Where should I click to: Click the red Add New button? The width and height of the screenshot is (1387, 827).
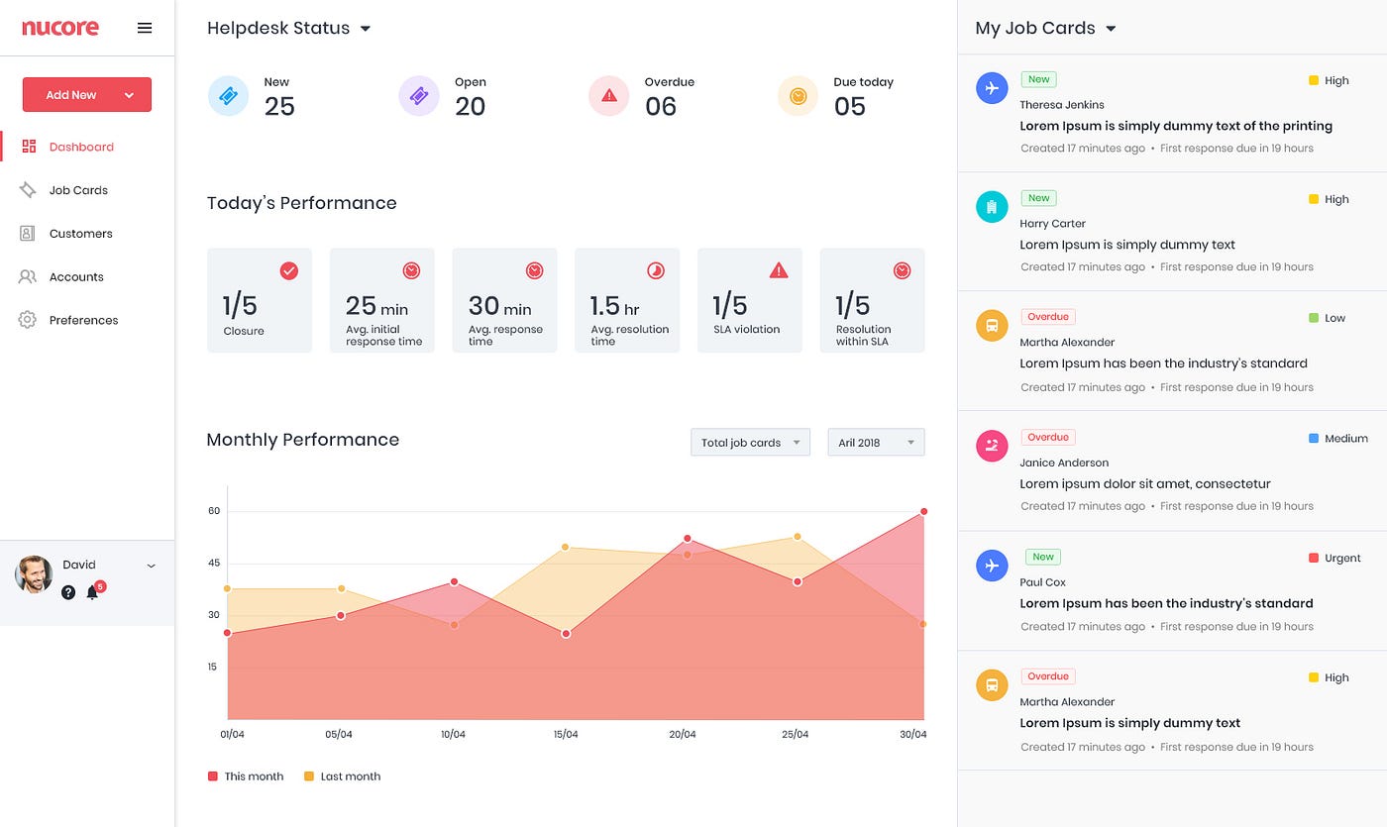[x=86, y=95]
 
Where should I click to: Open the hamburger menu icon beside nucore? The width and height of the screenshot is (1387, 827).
[x=145, y=28]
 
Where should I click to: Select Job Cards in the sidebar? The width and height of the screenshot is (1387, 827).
[x=78, y=190]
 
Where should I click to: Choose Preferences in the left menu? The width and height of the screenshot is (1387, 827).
[x=83, y=320]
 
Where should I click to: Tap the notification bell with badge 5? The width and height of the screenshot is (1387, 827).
[x=92, y=592]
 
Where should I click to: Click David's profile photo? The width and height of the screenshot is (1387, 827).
[x=34, y=574]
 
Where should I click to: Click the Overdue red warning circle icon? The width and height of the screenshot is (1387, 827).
[x=608, y=96]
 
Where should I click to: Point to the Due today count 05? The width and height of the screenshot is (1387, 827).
[x=849, y=107]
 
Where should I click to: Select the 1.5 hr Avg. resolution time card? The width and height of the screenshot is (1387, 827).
[x=627, y=300]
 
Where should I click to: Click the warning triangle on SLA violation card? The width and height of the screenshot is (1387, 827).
[x=779, y=270]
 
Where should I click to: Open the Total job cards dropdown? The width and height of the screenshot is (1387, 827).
[x=750, y=443]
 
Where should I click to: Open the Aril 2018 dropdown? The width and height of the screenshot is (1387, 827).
[x=876, y=443]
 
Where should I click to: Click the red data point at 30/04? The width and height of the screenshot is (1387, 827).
[x=923, y=512]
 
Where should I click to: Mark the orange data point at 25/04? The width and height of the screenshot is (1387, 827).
[x=797, y=537]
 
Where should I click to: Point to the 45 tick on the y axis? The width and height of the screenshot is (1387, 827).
[x=213, y=564]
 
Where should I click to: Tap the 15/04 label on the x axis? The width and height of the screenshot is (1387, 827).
[x=565, y=735]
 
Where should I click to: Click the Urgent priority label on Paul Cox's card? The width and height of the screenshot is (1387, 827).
[x=1341, y=559]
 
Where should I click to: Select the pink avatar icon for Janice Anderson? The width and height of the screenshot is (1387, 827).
[x=992, y=446]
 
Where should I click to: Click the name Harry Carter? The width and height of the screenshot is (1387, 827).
[x=1052, y=224]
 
